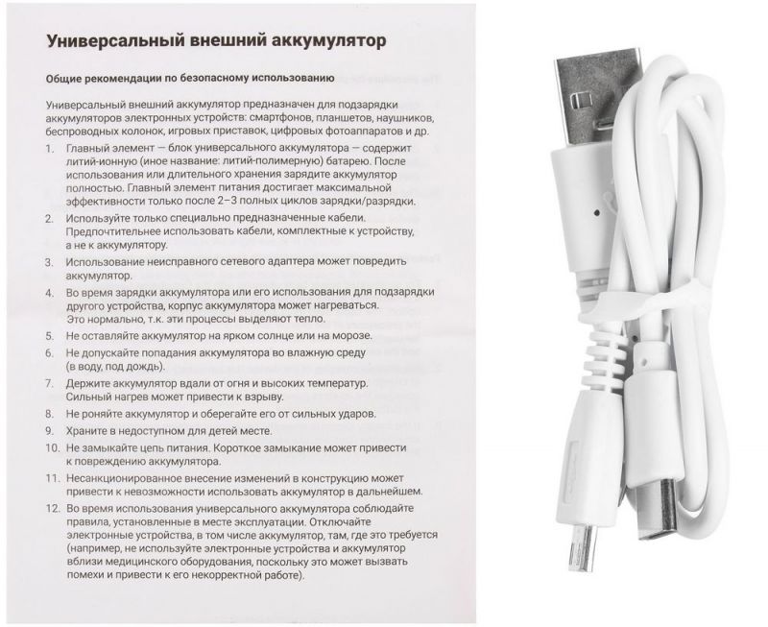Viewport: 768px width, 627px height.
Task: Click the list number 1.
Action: point(51,153)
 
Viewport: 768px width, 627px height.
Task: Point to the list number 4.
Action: point(51,292)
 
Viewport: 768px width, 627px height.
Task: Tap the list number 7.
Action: point(51,384)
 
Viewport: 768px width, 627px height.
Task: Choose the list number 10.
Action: point(51,448)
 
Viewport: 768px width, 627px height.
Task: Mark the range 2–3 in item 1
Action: point(253,201)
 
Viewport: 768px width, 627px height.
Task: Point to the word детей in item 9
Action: point(204,432)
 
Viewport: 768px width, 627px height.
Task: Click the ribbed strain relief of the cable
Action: point(605,360)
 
